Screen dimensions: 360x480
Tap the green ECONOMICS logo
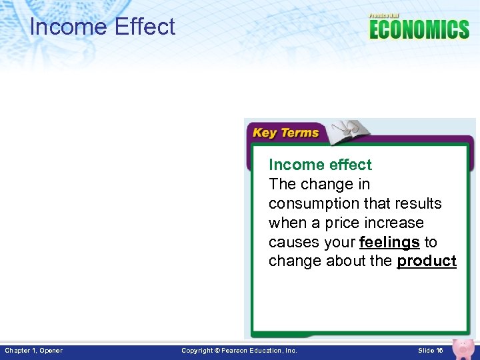click(419, 30)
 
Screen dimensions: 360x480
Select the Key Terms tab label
click(285, 133)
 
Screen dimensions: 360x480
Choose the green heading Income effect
click(320, 165)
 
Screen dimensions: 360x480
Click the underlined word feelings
click(389, 241)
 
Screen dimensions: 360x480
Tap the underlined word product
click(427, 261)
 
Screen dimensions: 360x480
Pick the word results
click(417, 203)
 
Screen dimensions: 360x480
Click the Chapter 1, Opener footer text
click(34, 351)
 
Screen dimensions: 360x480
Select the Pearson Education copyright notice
click(239, 351)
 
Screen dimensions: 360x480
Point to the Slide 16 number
click(430, 351)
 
